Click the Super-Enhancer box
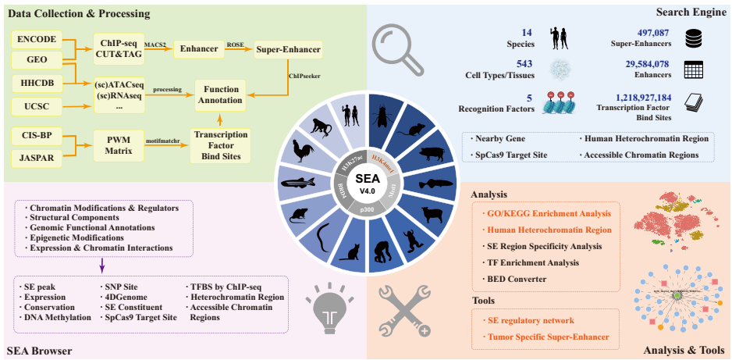pyautogui.click(x=288, y=49)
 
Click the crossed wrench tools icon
pyautogui.click(x=406, y=312)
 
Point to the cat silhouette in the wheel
pyautogui.click(x=352, y=252)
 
